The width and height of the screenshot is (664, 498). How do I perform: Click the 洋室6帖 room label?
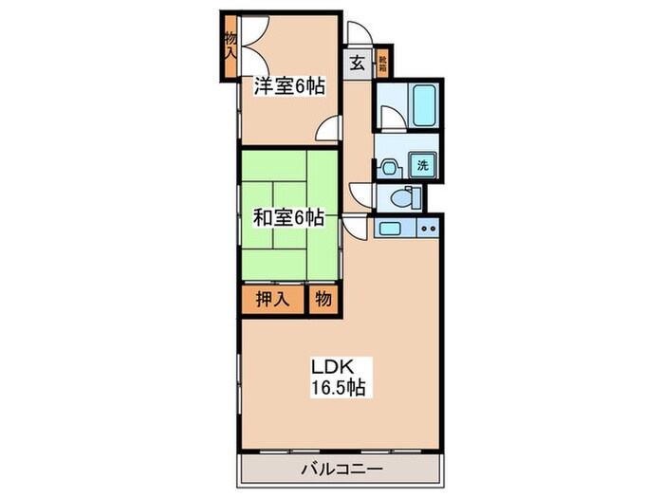pyautogui.click(x=289, y=86)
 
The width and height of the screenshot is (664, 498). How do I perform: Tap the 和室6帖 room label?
pyautogui.click(x=288, y=217)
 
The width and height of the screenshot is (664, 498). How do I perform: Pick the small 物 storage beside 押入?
pyautogui.click(x=323, y=299)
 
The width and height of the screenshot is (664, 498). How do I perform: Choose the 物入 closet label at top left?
pyautogui.click(x=231, y=45)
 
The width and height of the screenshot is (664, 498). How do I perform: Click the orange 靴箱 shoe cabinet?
pyautogui.click(x=382, y=64)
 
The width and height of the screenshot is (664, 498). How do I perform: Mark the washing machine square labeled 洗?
pyautogui.click(x=423, y=165)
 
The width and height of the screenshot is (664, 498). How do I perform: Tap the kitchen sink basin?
pyautogui.click(x=390, y=228)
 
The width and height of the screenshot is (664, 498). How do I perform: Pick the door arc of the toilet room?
pyautogui.click(x=363, y=196)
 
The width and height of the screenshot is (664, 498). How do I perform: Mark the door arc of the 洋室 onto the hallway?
pyautogui.click(x=329, y=130)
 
